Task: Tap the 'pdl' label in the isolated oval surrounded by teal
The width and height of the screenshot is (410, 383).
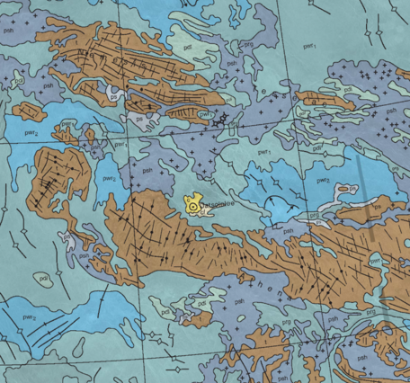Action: [42, 278]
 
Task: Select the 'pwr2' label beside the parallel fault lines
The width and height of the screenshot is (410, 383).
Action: [29, 316]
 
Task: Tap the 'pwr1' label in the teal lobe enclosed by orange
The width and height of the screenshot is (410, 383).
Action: [206, 116]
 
